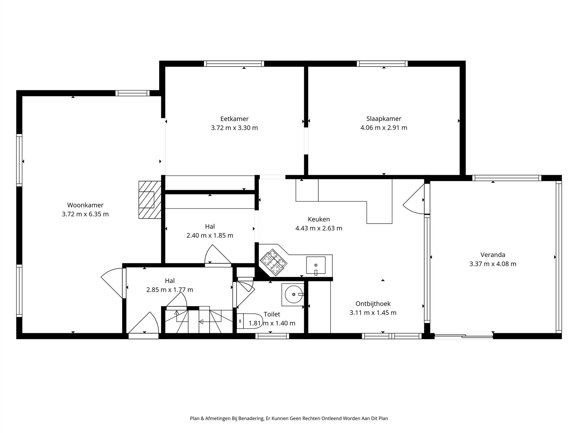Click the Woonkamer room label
tap(85, 205)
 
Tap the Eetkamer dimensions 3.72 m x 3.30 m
tap(234, 128)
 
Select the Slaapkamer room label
tap(384, 118)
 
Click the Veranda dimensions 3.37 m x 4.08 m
tap(493, 264)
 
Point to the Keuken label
tap(318, 219)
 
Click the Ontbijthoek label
tap(373, 304)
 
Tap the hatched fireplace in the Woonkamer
tap(150, 199)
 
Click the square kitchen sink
tap(316, 265)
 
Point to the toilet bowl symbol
tap(249, 321)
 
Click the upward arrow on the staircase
tap(177, 313)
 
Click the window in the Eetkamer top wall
tap(234, 64)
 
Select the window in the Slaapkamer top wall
tap(382, 64)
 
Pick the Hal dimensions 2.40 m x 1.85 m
tap(210, 235)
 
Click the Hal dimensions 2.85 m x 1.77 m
tap(170, 290)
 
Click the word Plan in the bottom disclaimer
tap(194, 418)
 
